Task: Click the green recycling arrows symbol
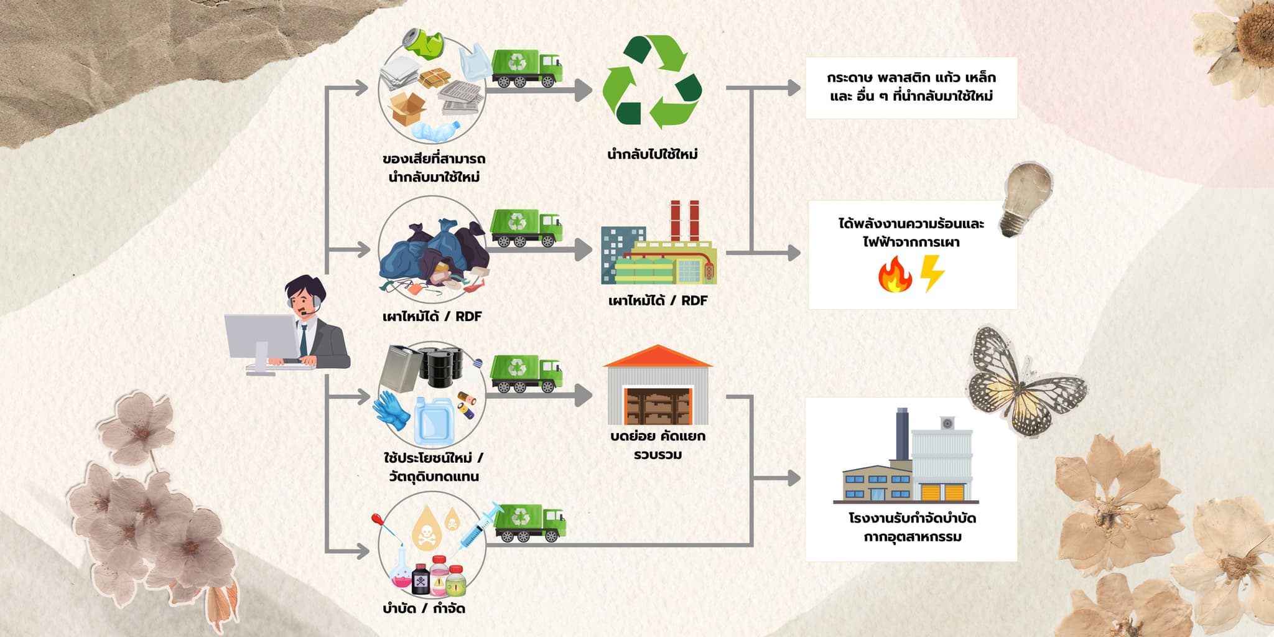pyautogui.click(x=652, y=81)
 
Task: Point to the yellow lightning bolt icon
pyautogui.click(x=932, y=273)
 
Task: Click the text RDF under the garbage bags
pyautogui.click(x=468, y=317)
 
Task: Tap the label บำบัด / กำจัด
pyautogui.click(x=424, y=608)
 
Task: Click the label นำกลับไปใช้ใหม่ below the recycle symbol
pyautogui.click(x=653, y=154)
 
